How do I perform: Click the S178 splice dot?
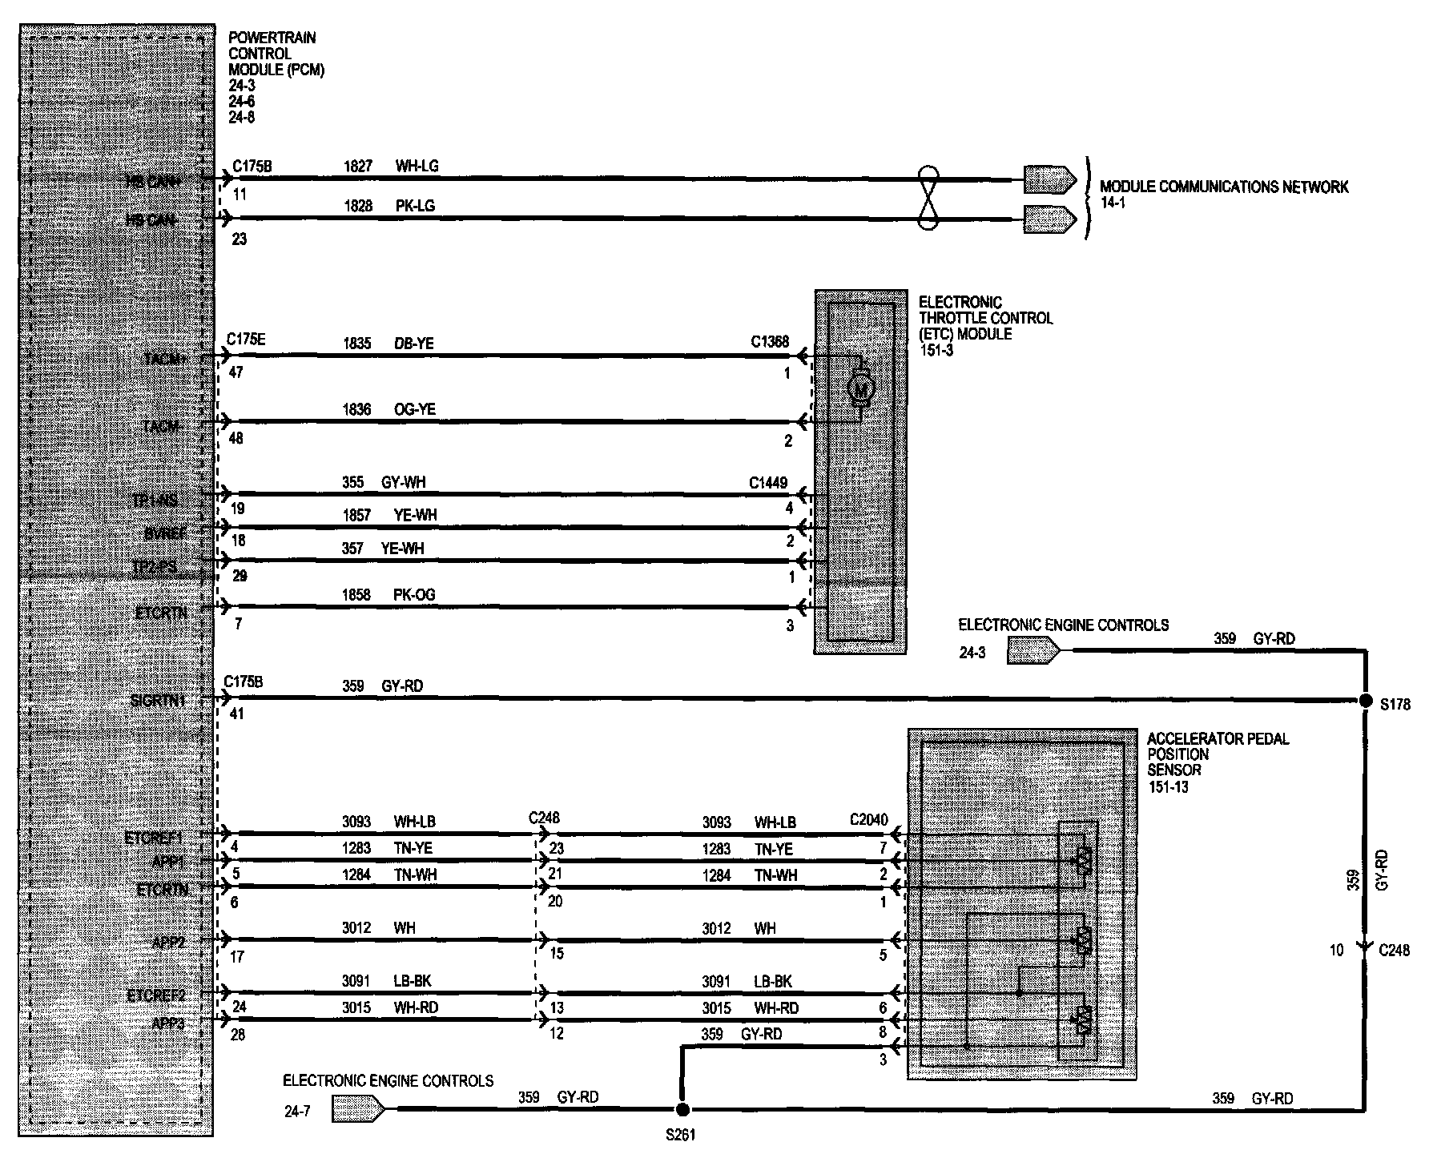point(1365,701)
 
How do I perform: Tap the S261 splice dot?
point(682,1109)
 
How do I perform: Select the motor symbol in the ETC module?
point(861,389)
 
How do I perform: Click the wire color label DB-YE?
point(414,344)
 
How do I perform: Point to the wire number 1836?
point(357,409)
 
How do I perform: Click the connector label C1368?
point(769,342)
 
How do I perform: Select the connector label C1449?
point(767,483)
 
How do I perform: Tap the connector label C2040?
point(868,820)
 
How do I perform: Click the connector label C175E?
point(245,340)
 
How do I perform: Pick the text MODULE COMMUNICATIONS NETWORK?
point(1223,187)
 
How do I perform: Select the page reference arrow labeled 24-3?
point(1033,652)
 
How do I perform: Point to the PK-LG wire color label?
point(415,206)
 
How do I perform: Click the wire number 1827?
point(358,166)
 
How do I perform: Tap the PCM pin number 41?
point(236,714)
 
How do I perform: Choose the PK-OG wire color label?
point(414,594)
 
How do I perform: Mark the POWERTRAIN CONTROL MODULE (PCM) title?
point(276,54)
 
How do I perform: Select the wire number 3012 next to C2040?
point(717,928)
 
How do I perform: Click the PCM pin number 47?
point(235,372)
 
